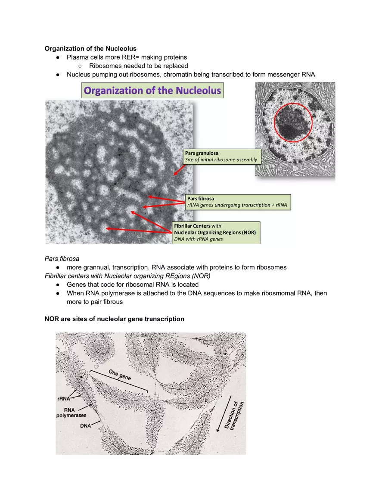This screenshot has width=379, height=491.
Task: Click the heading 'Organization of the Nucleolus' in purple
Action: coord(152,91)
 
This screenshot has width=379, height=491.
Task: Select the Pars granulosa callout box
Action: coord(221,156)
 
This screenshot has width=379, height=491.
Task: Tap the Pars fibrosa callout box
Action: coord(238,202)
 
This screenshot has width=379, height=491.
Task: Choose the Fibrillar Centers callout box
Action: coord(216,232)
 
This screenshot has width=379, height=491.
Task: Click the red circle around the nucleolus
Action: coord(292,122)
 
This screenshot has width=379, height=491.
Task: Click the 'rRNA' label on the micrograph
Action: coord(64,399)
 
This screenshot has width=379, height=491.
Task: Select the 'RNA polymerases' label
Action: coord(71,413)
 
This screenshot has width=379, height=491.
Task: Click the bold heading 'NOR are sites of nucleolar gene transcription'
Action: coord(114,319)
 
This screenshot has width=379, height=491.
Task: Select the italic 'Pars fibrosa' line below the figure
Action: coord(62,259)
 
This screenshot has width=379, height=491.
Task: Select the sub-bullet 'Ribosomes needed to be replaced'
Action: coord(138,66)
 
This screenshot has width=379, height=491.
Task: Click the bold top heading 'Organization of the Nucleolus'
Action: coord(90,49)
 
